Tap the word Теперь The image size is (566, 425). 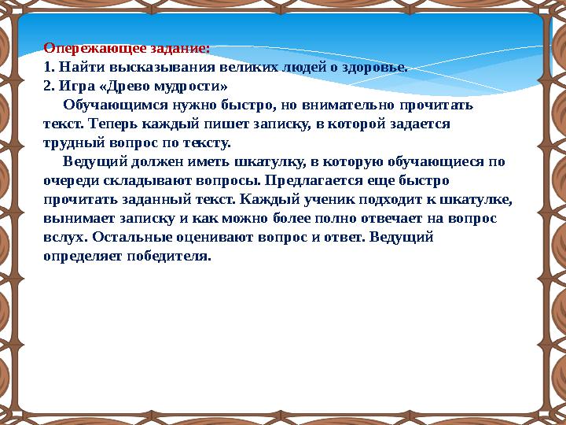(x=114, y=124)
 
